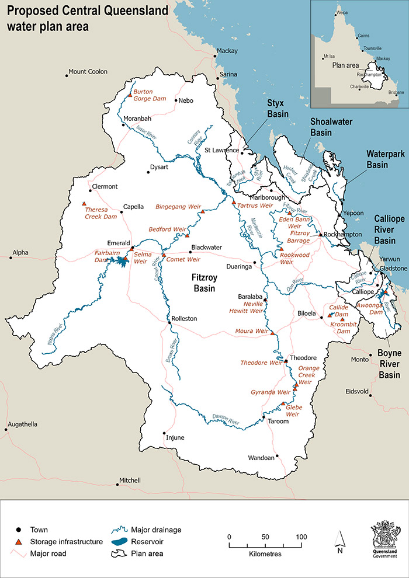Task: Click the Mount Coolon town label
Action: [x=88, y=72]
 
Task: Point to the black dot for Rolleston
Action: [x=169, y=319]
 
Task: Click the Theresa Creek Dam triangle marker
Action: [x=84, y=204]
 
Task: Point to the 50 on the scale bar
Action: [x=265, y=537]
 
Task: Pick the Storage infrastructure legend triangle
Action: [x=18, y=542]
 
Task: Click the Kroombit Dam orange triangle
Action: [x=342, y=319]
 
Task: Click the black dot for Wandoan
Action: [x=277, y=457]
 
